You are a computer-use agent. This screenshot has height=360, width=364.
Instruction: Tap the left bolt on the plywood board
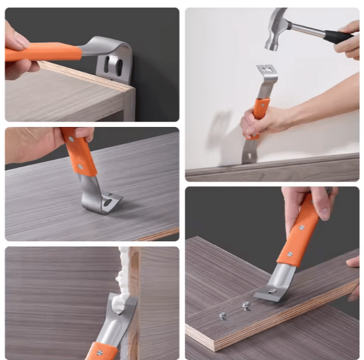tap(223, 316)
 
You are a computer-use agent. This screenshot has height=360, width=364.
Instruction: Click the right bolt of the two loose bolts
tap(246, 305)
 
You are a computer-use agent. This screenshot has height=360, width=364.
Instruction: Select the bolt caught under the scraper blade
tap(271, 291)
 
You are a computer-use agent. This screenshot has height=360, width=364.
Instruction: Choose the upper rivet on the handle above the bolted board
tap(301, 228)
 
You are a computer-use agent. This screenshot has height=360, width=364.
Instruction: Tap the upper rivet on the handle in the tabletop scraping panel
tap(71, 140)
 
